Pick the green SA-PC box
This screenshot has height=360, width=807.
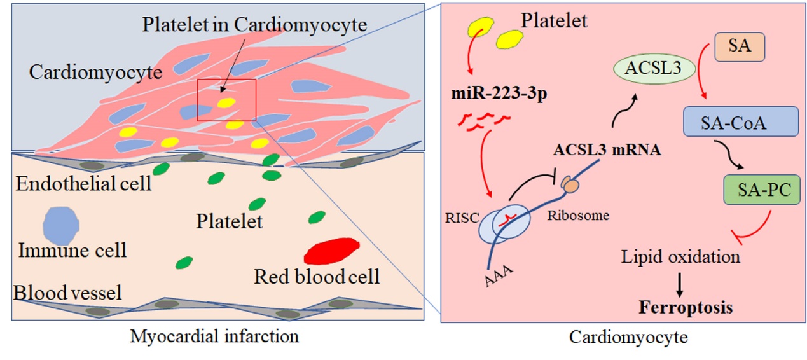pos(761,190)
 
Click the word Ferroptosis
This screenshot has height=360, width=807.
pos(686,308)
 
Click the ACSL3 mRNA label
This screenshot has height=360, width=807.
pos(598,151)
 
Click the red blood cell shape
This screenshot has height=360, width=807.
pos(331,250)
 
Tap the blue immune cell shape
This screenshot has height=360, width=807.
pos(61,224)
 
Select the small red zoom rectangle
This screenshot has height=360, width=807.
pos(226,100)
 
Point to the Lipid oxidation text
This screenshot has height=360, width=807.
pos(680,257)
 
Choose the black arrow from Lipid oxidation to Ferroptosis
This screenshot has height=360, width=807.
pos(680,284)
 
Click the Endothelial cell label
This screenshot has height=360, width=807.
pos(83,184)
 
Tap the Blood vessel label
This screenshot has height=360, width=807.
pos(67,293)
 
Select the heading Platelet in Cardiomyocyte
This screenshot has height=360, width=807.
pos(254,25)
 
